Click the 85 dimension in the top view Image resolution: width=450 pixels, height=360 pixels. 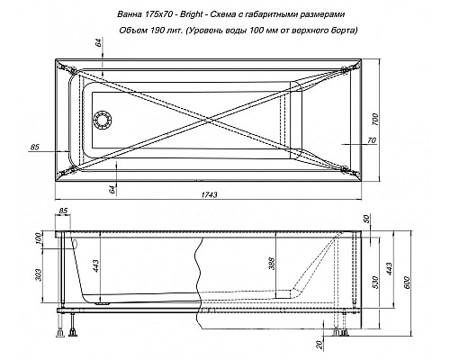35,147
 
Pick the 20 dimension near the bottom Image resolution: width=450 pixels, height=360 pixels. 321,344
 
